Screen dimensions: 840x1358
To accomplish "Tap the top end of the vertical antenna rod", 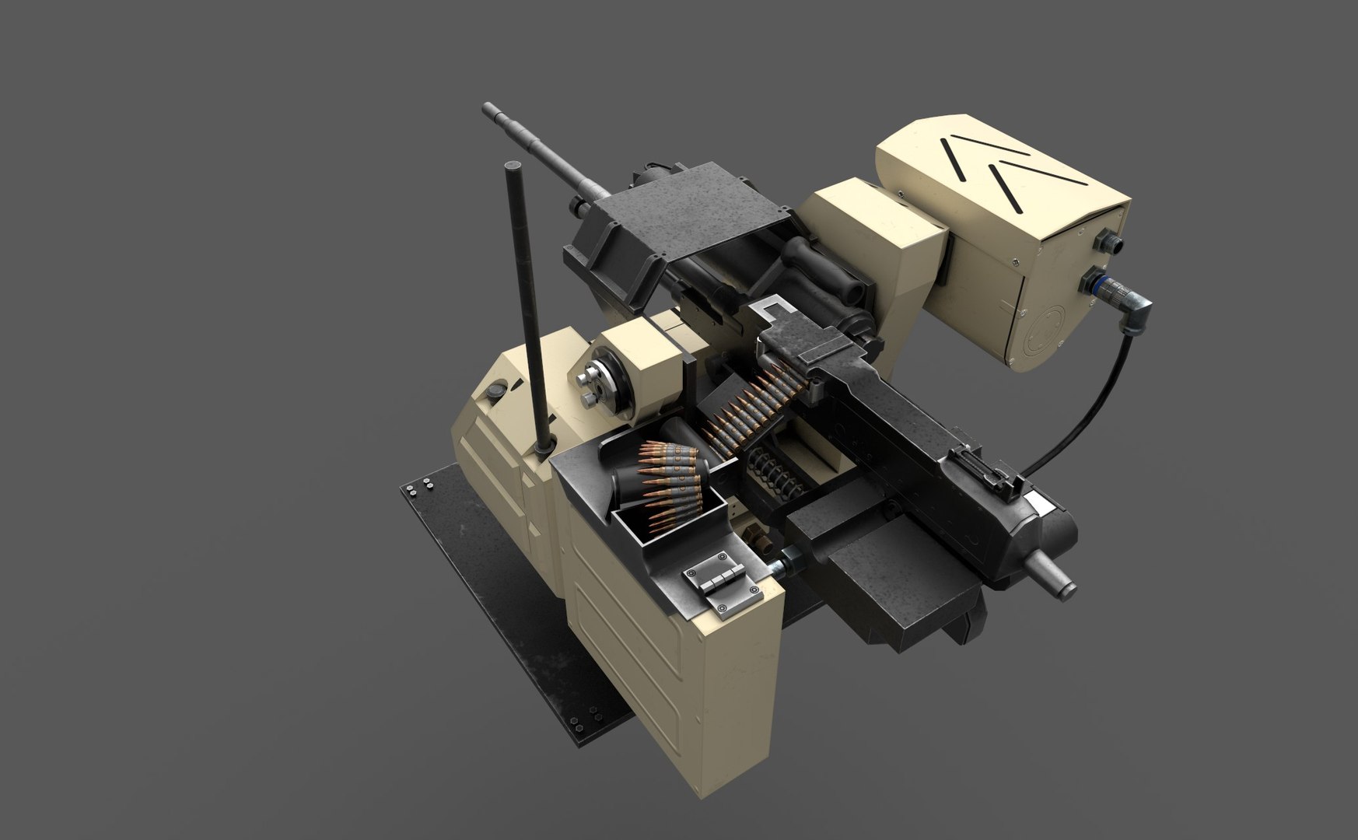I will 513,167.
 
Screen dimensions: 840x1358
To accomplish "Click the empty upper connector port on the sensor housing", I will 1109,243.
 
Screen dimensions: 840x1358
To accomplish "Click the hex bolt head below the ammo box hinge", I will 758,538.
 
